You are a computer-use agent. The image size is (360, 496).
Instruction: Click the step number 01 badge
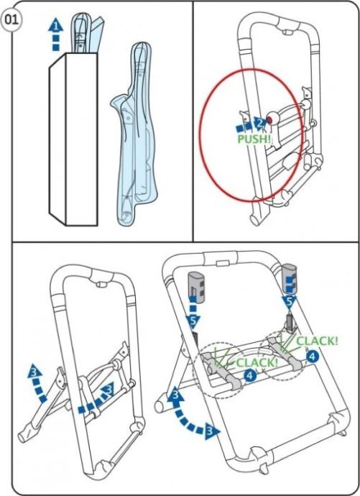click(11, 20)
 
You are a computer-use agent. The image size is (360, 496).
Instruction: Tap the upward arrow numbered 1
click(55, 34)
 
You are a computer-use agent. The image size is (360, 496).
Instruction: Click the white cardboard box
click(73, 139)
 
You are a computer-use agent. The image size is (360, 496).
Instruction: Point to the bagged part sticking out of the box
click(87, 32)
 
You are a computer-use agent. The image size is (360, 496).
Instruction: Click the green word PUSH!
click(254, 139)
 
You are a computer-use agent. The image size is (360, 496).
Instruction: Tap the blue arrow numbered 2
click(252, 124)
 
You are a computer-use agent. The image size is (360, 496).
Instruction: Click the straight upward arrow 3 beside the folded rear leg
click(37, 383)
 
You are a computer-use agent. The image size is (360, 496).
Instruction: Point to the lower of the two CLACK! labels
click(257, 362)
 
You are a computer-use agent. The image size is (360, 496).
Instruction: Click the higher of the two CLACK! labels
click(317, 341)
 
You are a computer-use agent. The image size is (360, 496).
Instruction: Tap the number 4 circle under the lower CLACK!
click(249, 375)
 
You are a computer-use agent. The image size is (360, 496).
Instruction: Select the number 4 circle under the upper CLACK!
click(312, 357)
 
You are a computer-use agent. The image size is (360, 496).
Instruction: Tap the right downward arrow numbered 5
click(290, 293)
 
